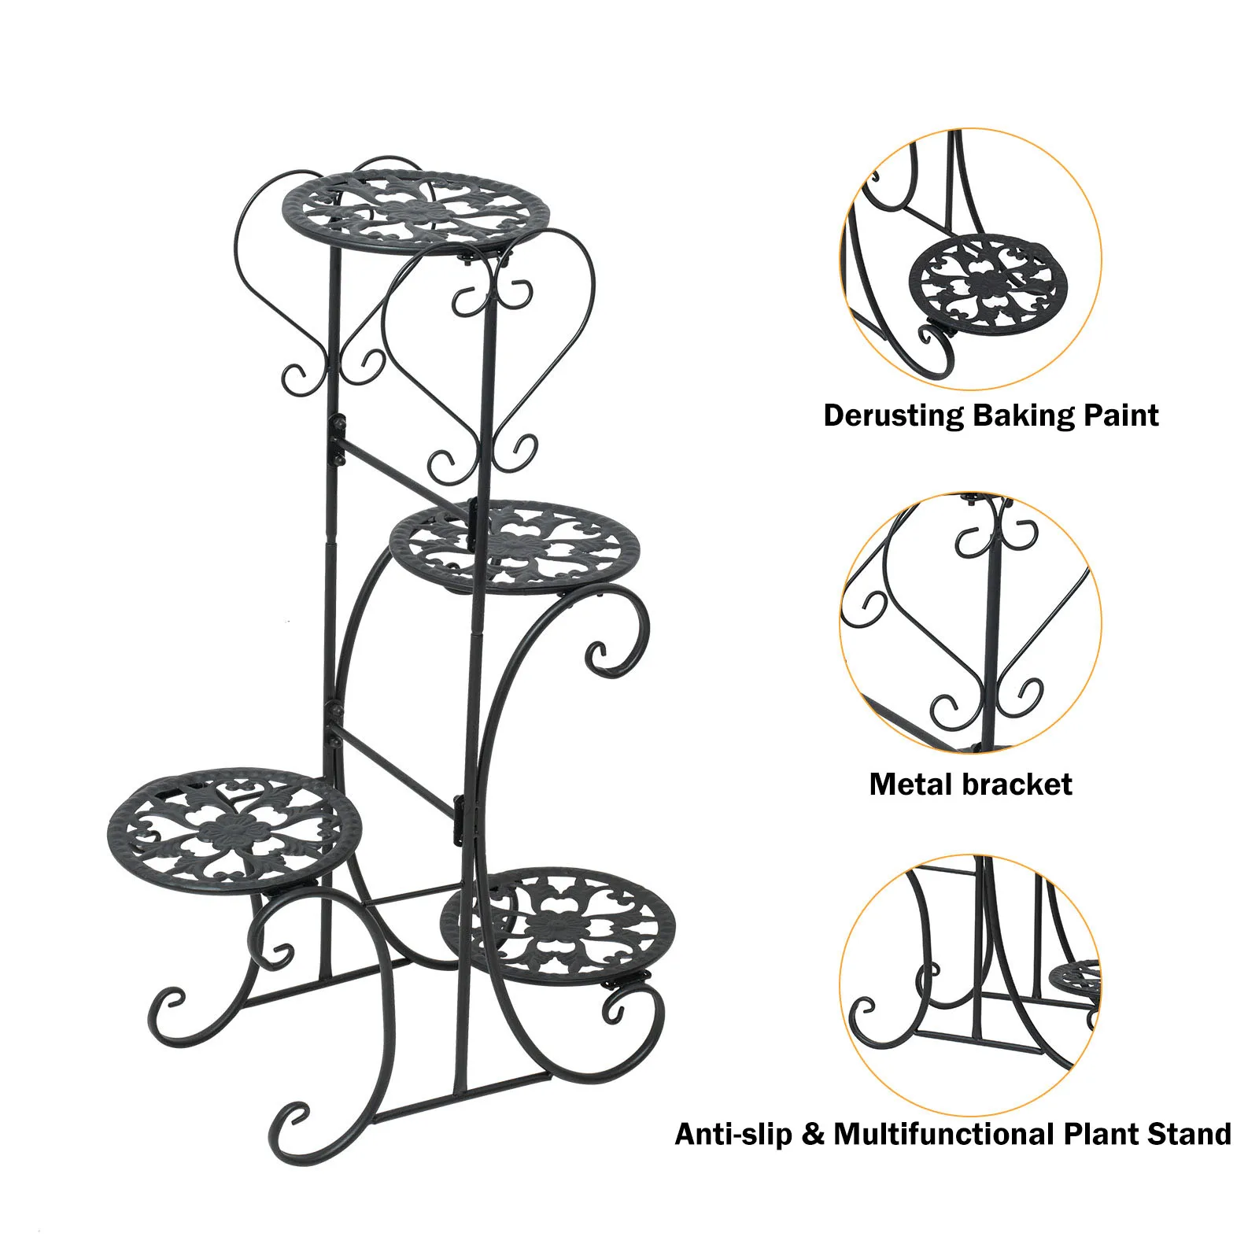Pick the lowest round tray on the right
[x=559, y=925]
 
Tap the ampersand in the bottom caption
[x=814, y=1135]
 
